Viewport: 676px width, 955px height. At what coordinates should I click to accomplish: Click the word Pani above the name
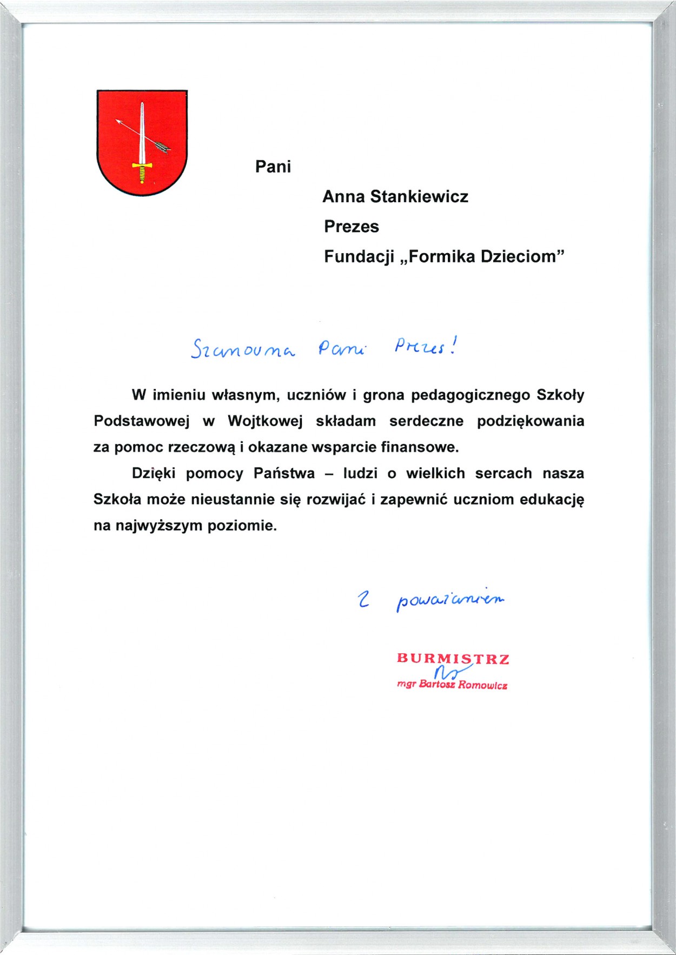(x=273, y=167)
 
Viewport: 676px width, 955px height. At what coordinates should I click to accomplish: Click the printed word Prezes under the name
(x=352, y=227)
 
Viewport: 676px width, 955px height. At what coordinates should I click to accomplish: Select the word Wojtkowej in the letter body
(x=265, y=421)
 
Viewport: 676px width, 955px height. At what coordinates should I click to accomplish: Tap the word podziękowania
(x=531, y=421)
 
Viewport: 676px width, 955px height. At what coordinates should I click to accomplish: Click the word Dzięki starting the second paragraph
(x=154, y=474)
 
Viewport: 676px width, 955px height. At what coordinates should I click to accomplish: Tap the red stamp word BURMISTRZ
(x=453, y=659)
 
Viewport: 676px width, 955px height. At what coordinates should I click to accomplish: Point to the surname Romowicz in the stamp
(x=483, y=686)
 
